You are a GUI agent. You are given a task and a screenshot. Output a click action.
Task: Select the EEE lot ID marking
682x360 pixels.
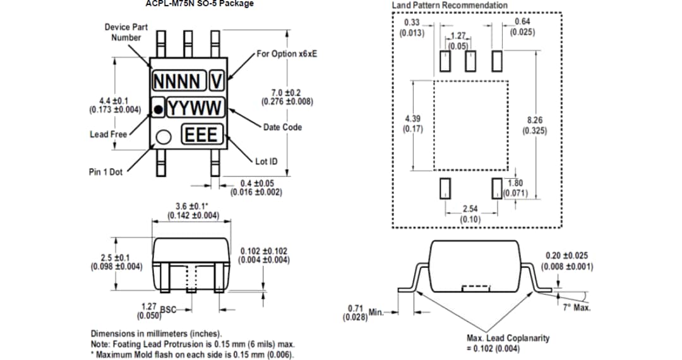[202, 135]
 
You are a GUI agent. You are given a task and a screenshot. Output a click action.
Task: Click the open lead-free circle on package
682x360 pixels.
[165, 136]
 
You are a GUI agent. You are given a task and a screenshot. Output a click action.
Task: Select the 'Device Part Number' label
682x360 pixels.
[126, 32]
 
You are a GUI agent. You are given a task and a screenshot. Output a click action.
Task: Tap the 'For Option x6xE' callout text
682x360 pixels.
[287, 54]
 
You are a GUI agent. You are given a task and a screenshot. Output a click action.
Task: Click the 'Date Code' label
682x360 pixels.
[282, 127]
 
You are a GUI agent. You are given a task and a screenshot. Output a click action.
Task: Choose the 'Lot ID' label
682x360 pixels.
[266, 161]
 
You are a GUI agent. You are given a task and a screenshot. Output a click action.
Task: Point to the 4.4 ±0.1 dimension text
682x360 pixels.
[114, 100]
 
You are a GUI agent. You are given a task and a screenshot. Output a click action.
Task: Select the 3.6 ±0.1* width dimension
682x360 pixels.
[193, 207]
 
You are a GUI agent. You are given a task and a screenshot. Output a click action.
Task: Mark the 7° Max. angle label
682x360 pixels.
[576, 308]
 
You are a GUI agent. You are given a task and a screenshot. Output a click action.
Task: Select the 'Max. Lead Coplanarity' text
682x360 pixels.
[508, 338]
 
